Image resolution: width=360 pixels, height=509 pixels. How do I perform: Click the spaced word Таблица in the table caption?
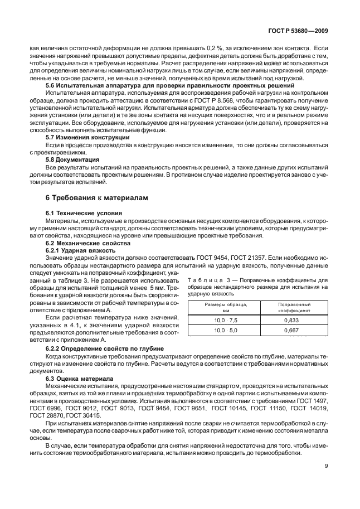pos(206,280)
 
